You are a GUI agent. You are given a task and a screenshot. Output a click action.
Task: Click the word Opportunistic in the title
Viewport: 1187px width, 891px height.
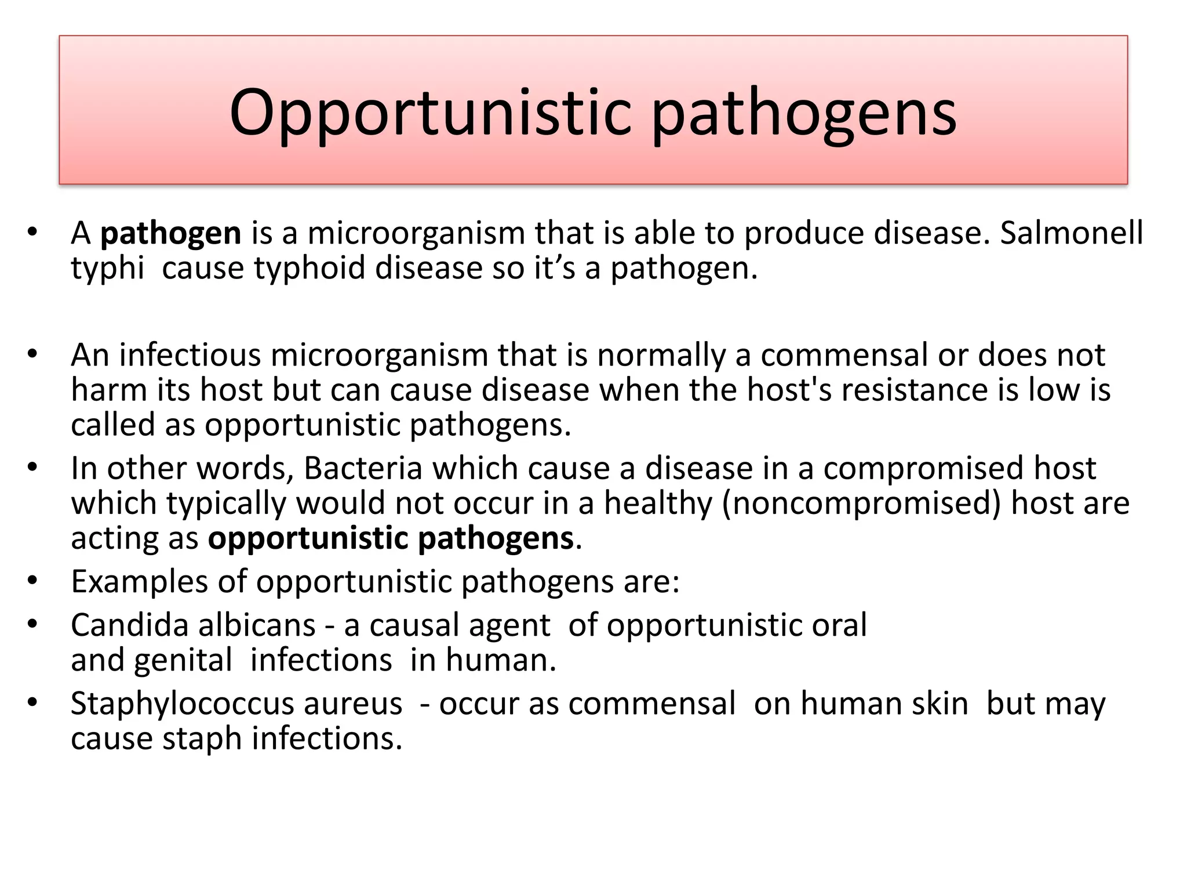pyautogui.click(x=429, y=113)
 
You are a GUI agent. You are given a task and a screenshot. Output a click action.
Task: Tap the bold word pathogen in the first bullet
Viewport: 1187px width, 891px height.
pyautogui.click(x=170, y=234)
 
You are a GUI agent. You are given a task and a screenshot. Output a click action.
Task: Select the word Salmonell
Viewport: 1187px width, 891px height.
pyautogui.click(x=1071, y=233)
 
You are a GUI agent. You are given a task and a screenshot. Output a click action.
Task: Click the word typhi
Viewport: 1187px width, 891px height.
pyautogui.click(x=107, y=269)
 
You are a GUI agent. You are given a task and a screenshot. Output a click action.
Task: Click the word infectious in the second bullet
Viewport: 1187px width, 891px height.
pyautogui.click(x=190, y=354)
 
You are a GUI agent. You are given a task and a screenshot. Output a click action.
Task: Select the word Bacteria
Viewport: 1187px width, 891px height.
pyautogui.click(x=363, y=468)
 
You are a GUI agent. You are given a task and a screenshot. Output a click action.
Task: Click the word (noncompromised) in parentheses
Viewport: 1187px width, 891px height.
pyautogui.click(x=861, y=503)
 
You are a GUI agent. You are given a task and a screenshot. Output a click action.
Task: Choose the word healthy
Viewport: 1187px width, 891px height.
pyautogui.click(x=658, y=503)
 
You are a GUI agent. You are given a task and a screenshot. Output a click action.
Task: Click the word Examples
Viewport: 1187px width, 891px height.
pyautogui.click(x=139, y=581)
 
